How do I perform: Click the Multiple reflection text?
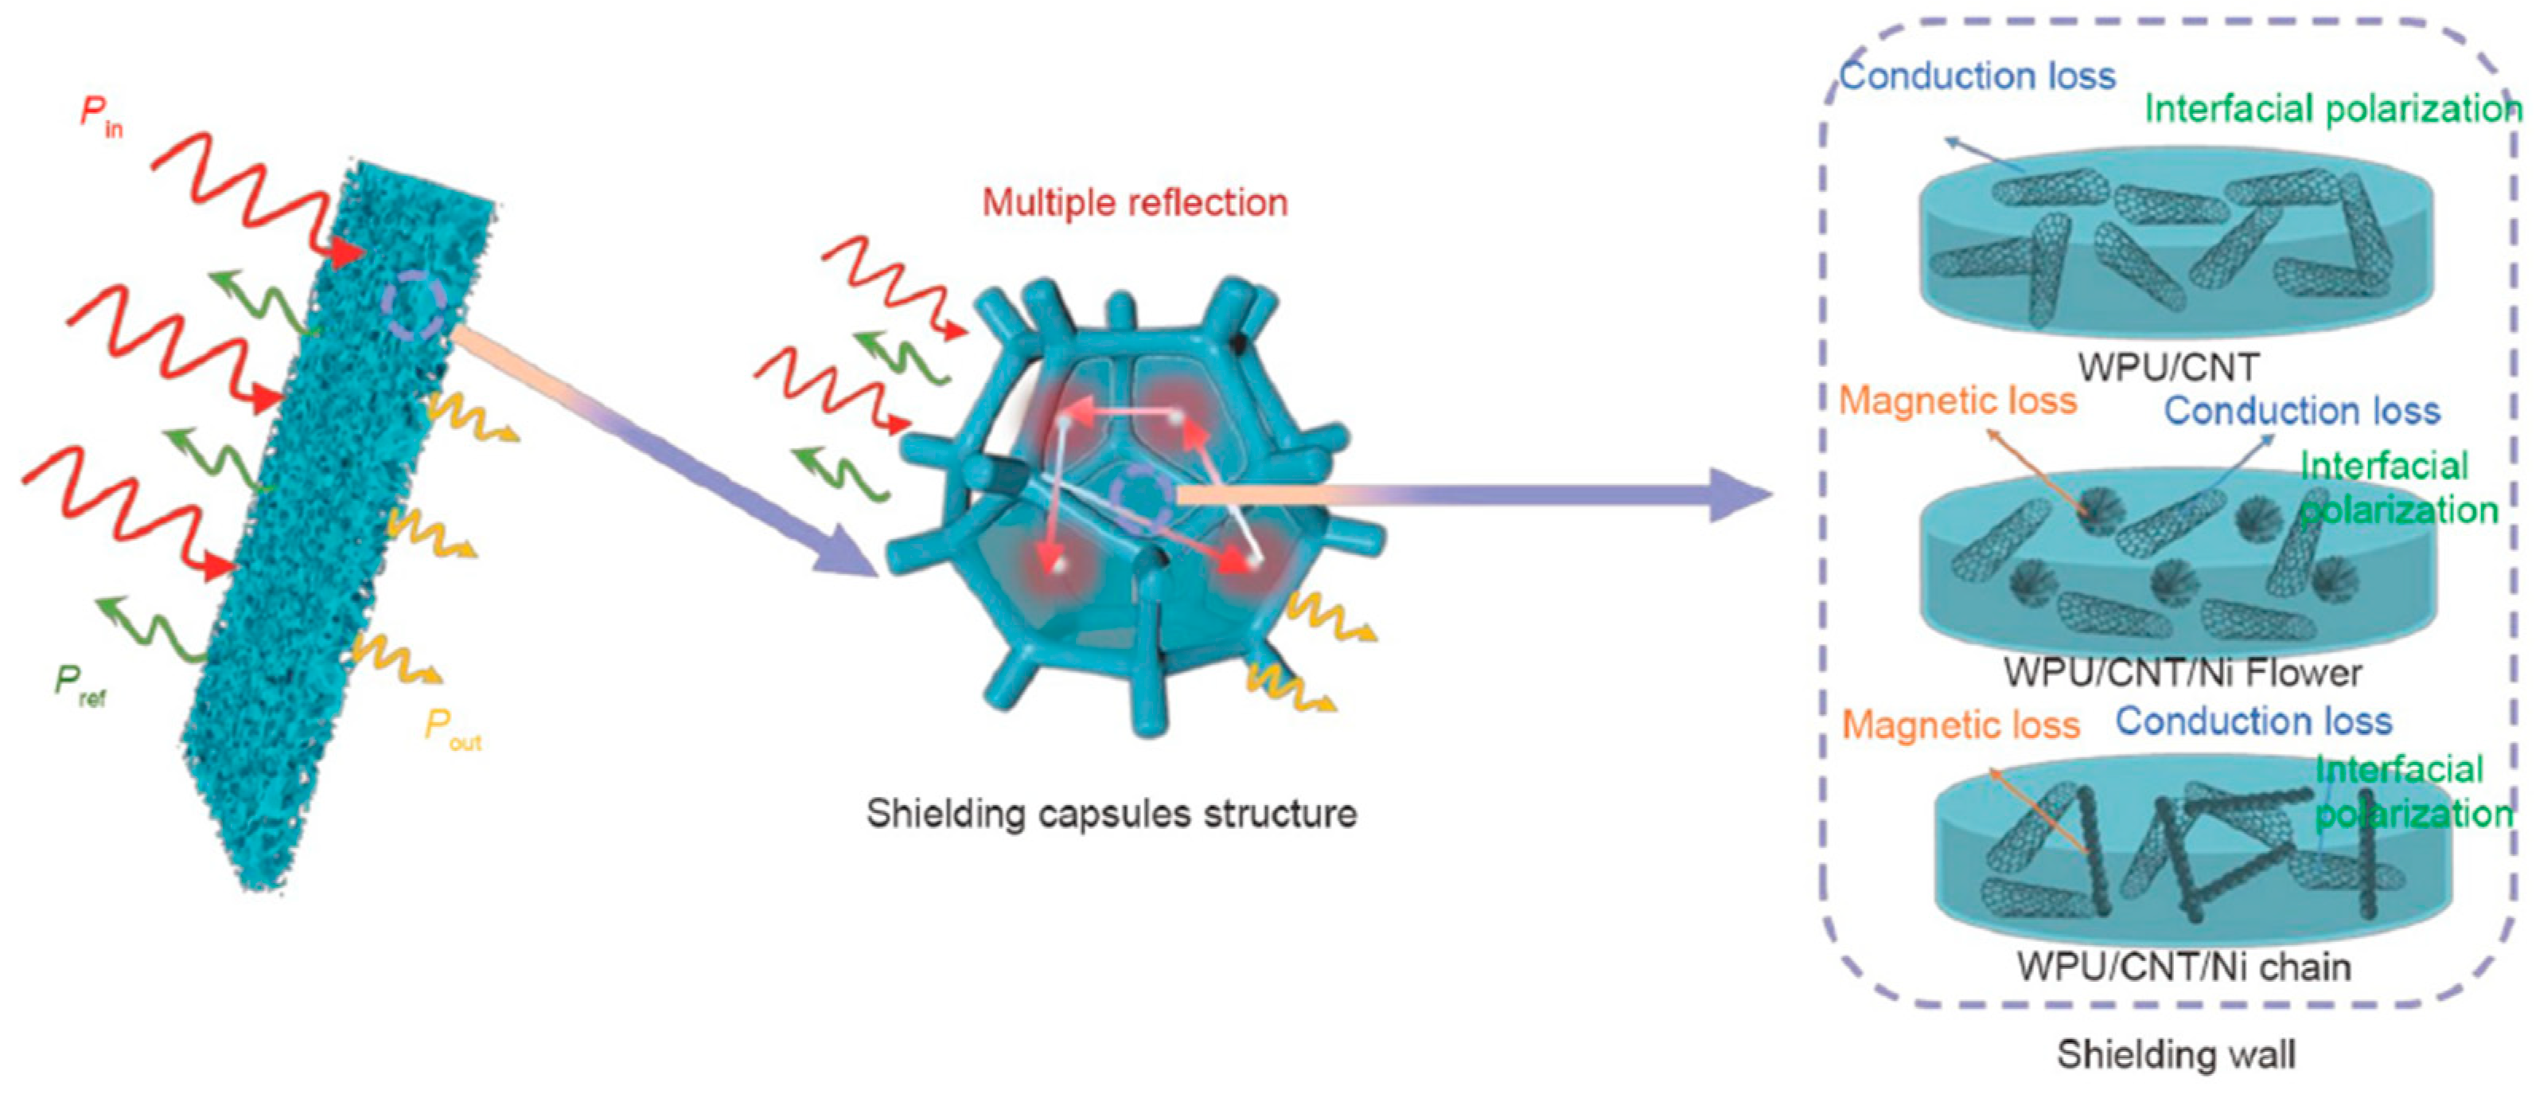[1134, 202]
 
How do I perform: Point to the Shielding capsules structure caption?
[1111, 814]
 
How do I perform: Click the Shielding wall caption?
[2176, 1053]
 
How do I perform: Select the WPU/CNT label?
[2168, 367]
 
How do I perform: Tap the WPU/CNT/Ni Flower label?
[2182, 673]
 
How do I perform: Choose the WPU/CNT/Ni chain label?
[2183, 966]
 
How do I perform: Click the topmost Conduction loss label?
[1977, 76]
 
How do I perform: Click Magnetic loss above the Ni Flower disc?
[1958, 401]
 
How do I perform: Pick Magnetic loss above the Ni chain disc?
[1960, 725]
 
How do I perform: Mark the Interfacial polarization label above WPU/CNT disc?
[2332, 108]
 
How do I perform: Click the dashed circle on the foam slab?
[415, 307]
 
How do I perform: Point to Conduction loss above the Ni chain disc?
[2253, 721]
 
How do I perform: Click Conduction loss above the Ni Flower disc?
[2301, 410]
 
